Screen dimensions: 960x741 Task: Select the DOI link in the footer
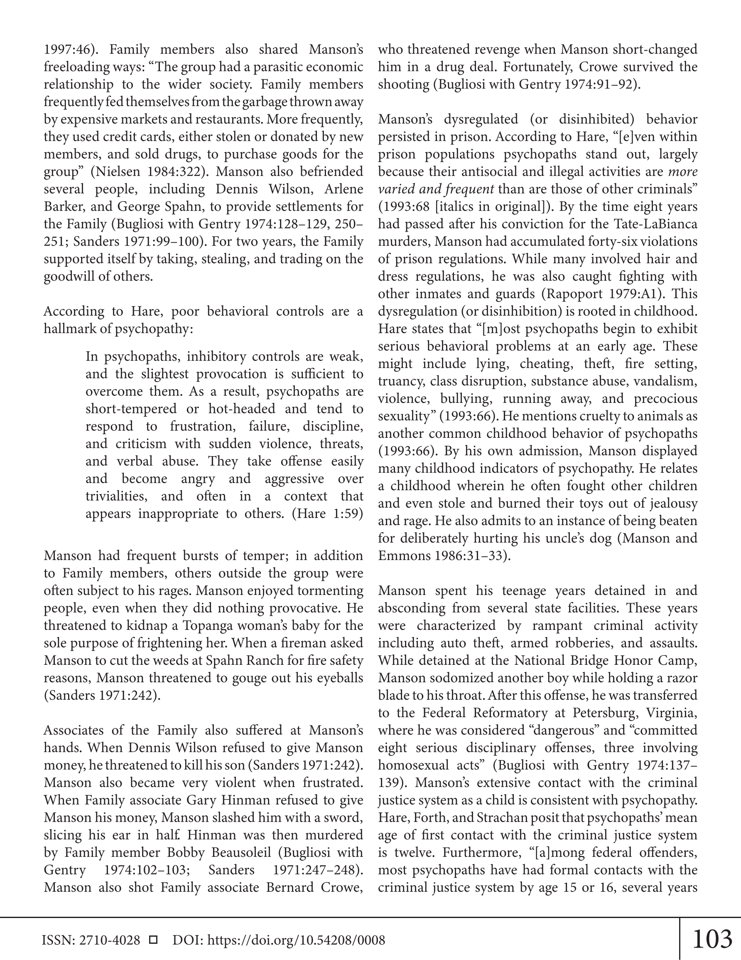point(296,940)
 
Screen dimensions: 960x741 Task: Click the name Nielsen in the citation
point(114,171)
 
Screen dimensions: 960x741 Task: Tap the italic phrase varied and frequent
point(436,189)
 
